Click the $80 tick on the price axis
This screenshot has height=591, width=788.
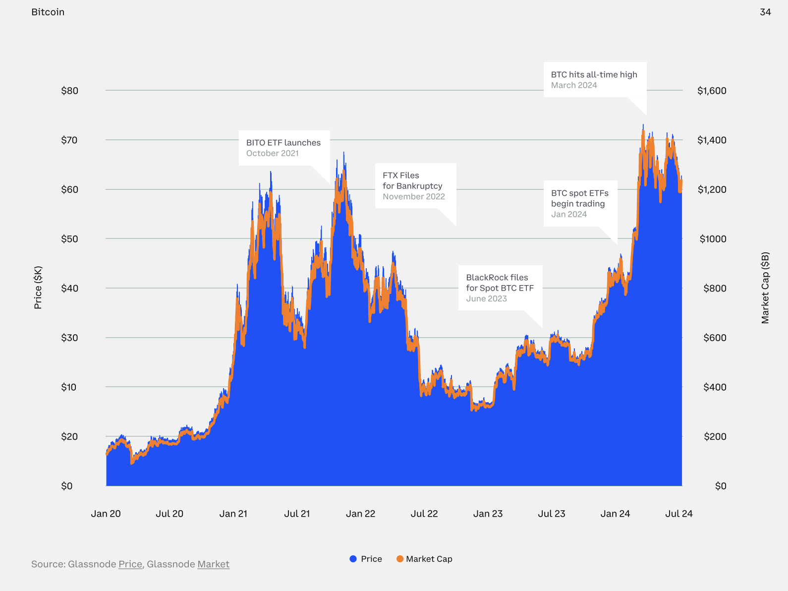(x=69, y=91)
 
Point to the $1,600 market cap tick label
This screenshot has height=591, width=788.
(x=712, y=91)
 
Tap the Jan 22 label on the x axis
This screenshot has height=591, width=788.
(x=360, y=514)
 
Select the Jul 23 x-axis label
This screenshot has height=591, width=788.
(x=552, y=514)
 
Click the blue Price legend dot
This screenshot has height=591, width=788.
(x=353, y=559)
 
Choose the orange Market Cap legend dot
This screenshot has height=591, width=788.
(x=400, y=559)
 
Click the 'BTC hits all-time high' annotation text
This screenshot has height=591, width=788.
(x=594, y=74)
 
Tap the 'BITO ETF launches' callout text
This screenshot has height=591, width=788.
(x=283, y=143)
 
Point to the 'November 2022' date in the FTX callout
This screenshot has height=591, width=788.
(x=413, y=196)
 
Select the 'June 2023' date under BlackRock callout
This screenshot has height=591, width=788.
(x=486, y=298)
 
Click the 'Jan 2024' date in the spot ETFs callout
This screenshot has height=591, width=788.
(x=568, y=214)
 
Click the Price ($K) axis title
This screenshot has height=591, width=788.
(x=38, y=288)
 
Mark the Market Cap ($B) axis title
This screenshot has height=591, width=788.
(x=765, y=288)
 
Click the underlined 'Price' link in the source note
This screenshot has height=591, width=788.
(x=130, y=564)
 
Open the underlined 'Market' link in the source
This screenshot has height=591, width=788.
(x=213, y=564)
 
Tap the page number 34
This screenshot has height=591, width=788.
(x=765, y=12)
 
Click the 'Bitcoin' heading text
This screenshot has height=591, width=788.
(x=48, y=12)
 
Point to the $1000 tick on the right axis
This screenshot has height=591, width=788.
(x=713, y=239)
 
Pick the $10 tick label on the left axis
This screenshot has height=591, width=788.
(x=69, y=387)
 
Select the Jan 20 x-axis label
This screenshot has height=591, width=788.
(x=106, y=514)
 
